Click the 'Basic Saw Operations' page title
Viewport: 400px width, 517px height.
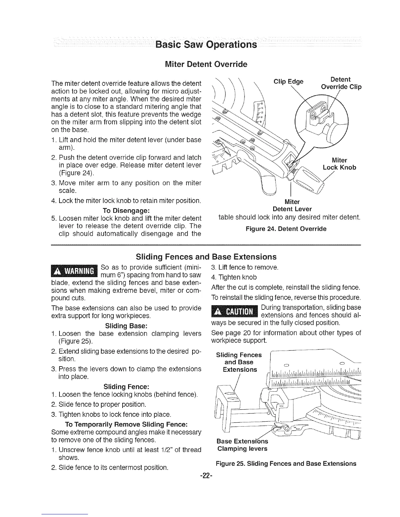tap(206, 44)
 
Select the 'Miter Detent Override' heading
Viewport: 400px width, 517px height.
tap(206, 64)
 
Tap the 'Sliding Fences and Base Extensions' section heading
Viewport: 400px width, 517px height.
tap(206, 257)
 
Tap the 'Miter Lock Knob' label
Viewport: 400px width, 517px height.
tap(339, 164)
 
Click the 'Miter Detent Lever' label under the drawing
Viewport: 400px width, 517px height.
tap(292, 205)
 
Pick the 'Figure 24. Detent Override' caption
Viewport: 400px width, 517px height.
tap(286, 229)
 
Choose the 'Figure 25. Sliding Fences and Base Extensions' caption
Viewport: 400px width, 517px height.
tap(286, 463)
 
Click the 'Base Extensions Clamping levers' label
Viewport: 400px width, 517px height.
tap(242, 445)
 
